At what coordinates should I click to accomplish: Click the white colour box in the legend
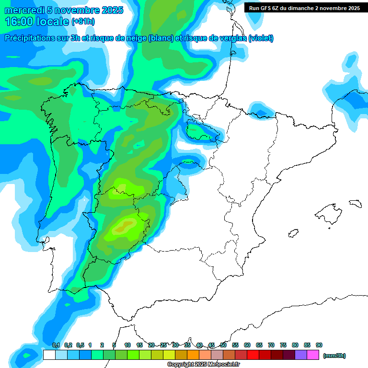pos(49,355)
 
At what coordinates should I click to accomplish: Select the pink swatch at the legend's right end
pos(313,355)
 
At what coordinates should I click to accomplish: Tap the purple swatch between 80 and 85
pos(301,355)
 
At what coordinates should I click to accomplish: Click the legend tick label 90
pos(319,345)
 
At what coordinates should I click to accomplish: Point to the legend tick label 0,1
pos(56,345)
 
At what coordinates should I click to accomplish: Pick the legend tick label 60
pos(247,345)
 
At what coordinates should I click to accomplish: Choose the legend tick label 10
pos(127,345)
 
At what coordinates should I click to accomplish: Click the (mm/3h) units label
pos(334,356)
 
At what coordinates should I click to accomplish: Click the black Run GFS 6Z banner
pos(304,8)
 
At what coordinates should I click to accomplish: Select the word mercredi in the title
pos(24,10)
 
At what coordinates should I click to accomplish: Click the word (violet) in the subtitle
pos(261,38)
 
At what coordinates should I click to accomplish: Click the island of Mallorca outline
pos(330,211)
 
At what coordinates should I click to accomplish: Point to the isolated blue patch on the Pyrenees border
pos(262,114)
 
